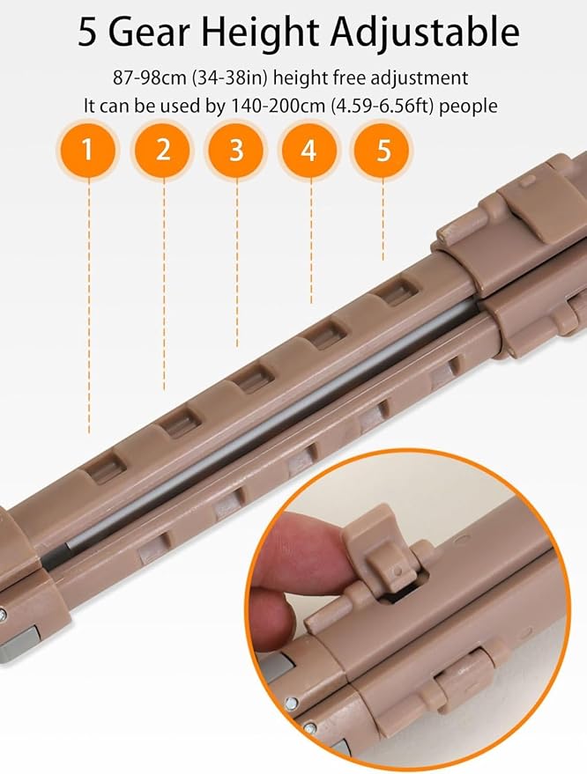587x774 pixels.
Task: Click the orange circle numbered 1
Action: pos(88,149)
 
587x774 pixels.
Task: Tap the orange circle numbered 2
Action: pos(162,149)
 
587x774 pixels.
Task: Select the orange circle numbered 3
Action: pos(236,149)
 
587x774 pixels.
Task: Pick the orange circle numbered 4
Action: pos(308,149)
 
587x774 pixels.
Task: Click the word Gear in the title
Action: pos(149,33)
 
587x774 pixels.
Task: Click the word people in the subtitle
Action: pos(468,107)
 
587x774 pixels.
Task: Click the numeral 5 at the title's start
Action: pos(87,33)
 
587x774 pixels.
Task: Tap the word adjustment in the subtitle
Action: pos(419,79)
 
